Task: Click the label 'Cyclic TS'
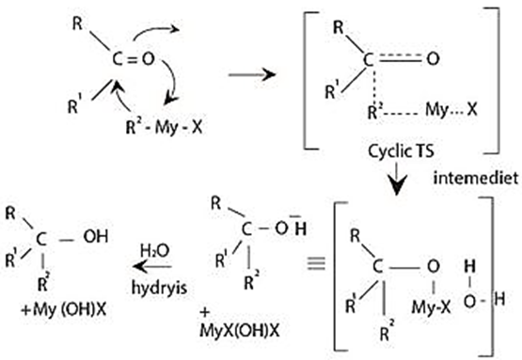click(402, 151)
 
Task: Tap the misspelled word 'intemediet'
click(476, 178)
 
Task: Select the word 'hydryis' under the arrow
click(159, 288)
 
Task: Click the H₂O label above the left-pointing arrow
click(155, 251)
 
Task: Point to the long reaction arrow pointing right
click(252, 74)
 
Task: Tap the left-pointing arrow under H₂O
click(151, 267)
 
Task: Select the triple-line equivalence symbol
click(316, 263)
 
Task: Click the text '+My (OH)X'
click(63, 310)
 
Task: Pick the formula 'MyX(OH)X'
click(240, 330)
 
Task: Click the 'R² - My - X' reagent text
click(164, 127)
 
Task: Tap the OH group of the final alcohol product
click(96, 237)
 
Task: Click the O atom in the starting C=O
click(149, 59)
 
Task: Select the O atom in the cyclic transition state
click(433, 59)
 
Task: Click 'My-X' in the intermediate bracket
click(431, 306)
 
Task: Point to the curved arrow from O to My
click(174, 79)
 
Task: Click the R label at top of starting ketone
click(77, 23)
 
